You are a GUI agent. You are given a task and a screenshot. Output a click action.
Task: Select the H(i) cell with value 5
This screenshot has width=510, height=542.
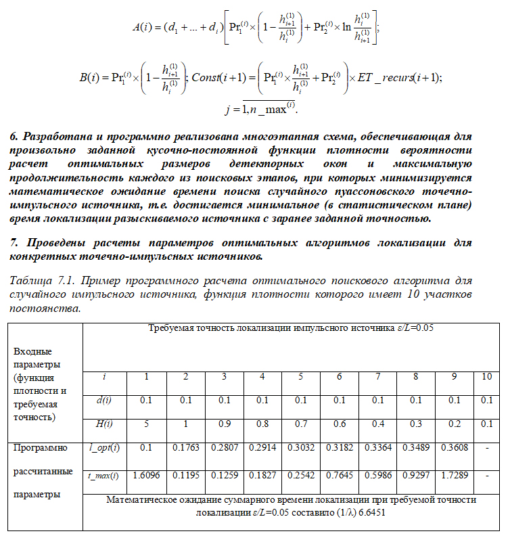click(145, 424)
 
